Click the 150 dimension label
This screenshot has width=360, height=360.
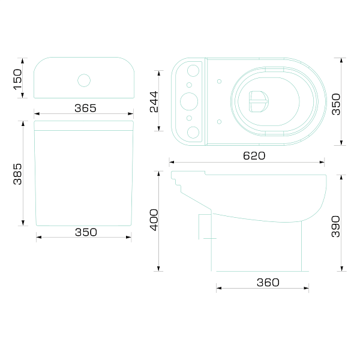[17, 79]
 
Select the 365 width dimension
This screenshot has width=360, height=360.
[85, 108]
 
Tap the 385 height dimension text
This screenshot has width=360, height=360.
[17, 174]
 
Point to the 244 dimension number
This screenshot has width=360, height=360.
[154, 102]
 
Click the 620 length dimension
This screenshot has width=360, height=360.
[254, 156]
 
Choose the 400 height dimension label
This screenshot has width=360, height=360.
[154, 220]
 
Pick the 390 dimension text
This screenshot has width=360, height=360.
[335, 226]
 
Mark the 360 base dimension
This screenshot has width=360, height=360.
[268, 283]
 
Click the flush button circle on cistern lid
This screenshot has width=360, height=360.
[84, 80]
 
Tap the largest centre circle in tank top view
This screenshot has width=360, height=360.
[189, 101]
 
